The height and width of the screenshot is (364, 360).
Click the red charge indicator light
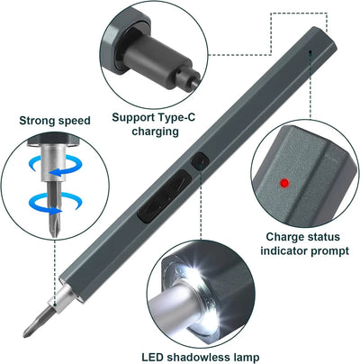click(283, 184)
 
